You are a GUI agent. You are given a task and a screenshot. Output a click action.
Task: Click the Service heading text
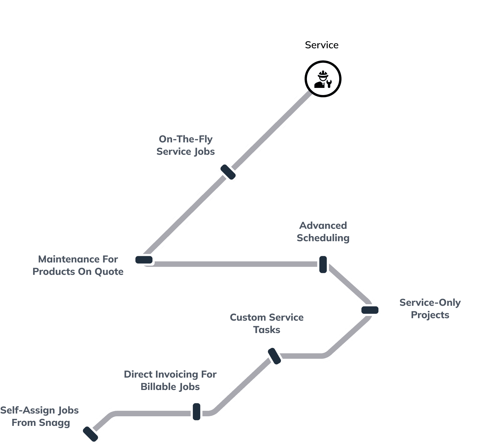(x=321, y=45)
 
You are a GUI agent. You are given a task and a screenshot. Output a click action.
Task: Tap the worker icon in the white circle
(x=323, y=79)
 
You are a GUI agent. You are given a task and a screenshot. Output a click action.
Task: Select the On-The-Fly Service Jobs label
(x=186, y=145)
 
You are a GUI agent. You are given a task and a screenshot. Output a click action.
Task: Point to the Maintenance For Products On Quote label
(x=78, y=265)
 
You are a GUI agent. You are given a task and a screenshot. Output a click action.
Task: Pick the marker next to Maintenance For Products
(x=144, y=260)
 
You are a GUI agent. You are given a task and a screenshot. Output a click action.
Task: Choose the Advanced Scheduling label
(x=323, y=232)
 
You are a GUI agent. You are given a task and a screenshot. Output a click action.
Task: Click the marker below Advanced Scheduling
(x=323, y=264)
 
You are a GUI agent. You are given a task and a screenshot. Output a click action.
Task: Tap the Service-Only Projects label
(x=430, y=309)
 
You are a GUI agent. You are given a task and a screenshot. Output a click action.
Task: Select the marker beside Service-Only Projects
(x=370, y=310)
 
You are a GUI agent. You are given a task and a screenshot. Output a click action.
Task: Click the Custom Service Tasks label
(x=267, y=323)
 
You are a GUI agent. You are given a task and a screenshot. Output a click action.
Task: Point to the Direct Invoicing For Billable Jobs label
(x=170, y=380)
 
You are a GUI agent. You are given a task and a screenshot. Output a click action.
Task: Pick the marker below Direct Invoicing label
(x=196, y=412)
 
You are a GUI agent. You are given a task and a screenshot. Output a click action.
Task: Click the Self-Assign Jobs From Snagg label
(x=40, y=416)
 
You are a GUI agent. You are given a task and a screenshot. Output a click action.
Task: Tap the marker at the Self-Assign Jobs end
(x=90, y=434)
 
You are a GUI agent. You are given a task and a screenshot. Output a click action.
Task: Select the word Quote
(x=109, y=272)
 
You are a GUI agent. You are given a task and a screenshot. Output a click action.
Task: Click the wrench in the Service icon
(x=329, y=83)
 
